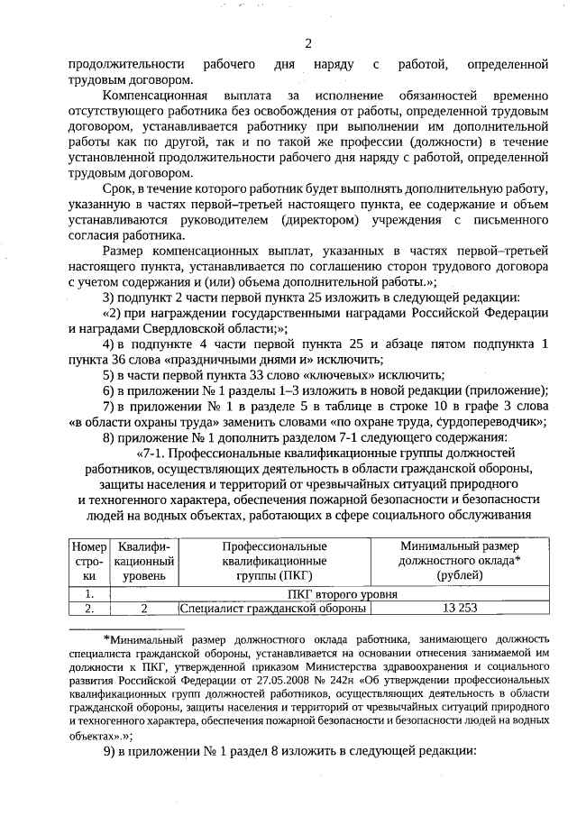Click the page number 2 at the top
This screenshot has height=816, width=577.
point(308,43)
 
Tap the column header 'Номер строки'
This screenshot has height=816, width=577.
point(88,561)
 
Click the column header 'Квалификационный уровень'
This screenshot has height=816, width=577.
point(144,561)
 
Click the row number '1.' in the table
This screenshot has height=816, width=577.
point(88,593)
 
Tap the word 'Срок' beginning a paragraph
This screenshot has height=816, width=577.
point(118,189)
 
